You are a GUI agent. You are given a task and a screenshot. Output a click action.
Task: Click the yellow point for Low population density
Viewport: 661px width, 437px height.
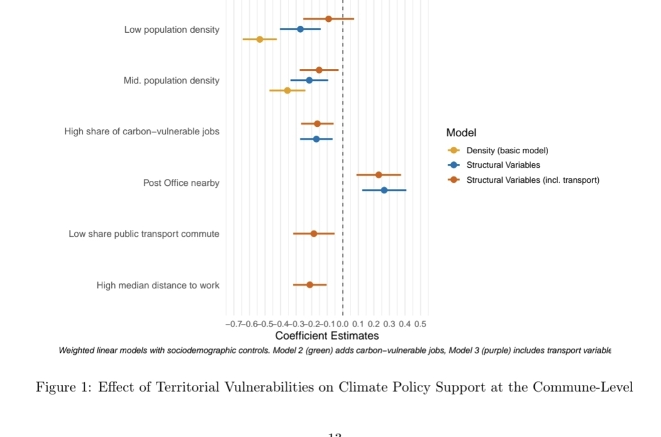click(259, 39)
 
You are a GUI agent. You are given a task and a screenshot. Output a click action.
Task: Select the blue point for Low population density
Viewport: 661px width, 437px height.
click(300, 29)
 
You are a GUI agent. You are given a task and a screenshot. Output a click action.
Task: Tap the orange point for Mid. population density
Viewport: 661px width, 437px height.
click(319, 70)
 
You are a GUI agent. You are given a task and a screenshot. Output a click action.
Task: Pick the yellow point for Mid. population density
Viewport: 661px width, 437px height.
click(287, 90)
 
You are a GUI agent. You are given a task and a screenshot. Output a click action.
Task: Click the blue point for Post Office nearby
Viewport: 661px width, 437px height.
click(384, 190)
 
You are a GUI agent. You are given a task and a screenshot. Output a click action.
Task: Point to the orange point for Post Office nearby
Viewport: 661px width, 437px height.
click(378, 175)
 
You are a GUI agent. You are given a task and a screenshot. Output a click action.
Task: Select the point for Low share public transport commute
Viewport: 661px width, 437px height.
click(314, 234)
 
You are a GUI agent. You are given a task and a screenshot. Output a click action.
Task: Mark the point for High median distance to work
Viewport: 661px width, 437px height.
click(310, 284)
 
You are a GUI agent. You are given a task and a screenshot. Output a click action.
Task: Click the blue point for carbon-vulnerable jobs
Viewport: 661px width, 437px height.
click(316, 139)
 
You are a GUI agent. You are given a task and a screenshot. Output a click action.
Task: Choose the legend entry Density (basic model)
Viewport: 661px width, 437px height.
click(507, 151)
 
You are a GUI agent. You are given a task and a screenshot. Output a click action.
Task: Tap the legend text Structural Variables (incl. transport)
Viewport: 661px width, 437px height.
click(532, 180)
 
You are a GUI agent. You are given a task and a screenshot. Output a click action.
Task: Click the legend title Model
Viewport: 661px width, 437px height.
click(461, 132)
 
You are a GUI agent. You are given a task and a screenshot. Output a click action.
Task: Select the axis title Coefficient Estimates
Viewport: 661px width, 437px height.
click(327, 336)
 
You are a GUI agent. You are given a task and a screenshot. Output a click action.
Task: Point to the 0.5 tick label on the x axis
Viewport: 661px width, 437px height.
click(420, 324)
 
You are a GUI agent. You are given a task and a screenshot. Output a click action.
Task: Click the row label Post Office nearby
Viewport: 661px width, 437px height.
click(181, 183)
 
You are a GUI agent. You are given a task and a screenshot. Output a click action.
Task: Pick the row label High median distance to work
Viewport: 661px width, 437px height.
click(158, 285)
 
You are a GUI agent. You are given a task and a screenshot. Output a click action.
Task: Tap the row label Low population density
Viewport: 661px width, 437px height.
click(172, 30)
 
